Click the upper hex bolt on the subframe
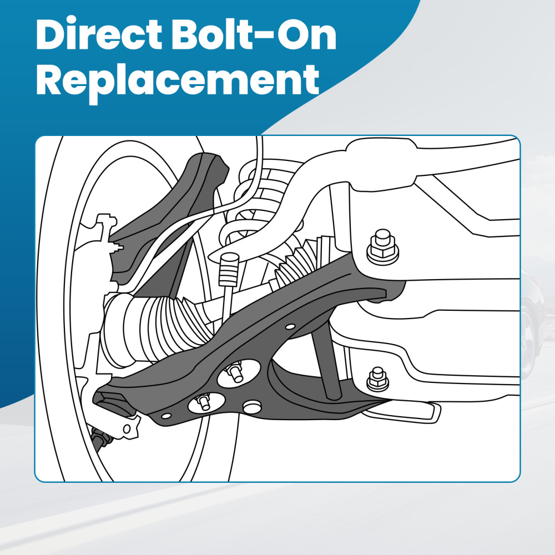click(382, 246)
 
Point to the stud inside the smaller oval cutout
click(205, 402)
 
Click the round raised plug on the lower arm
click(252, 407)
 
